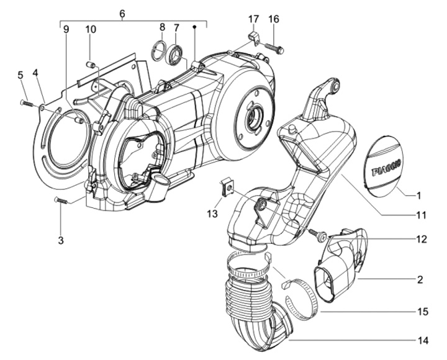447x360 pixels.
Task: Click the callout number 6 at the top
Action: pos(122,14)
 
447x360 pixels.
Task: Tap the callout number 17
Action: pos(254,19)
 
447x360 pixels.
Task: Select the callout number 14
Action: pos(423,340)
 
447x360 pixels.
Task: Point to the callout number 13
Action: pos(212,214)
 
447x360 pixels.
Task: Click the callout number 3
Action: pos(61,240)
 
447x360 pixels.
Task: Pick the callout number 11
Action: pos(421,215)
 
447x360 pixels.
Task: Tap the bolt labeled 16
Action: pos(274,47)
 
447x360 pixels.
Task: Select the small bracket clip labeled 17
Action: pos(254,38)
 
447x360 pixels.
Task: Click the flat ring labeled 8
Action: pos(158,51)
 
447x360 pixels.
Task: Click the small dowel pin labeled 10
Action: pos(91,64)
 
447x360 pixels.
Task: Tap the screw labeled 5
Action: pos(27,103)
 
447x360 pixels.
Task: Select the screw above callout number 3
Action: pos(60,200)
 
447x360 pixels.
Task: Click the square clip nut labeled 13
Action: pos(228,187)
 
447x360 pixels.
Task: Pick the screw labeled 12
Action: pos(318,235)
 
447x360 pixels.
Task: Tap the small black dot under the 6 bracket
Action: pos(195,27)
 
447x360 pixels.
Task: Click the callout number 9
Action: pos(66,30)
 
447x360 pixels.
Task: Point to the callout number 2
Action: pos(420,279)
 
